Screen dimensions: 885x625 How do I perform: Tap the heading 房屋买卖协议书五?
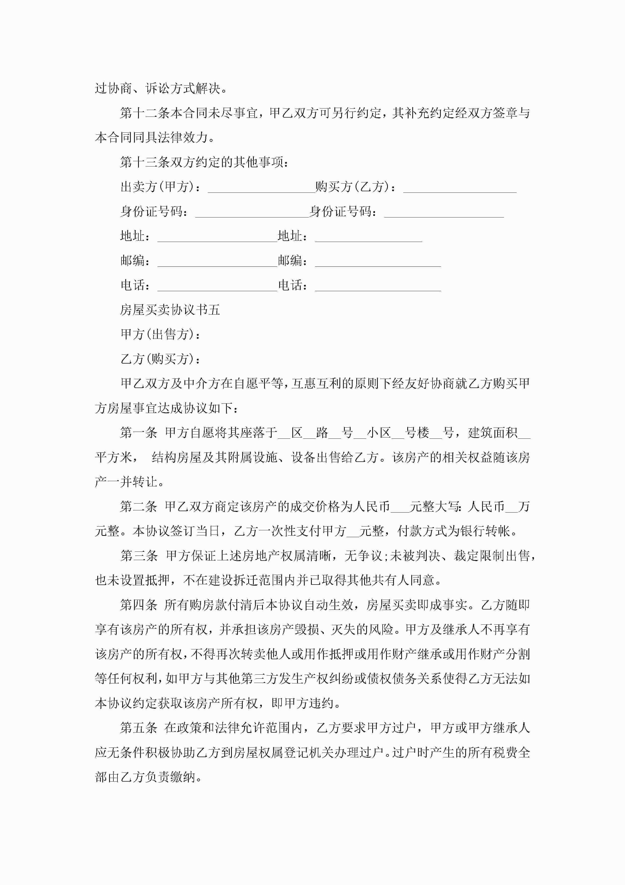(x=170, y=310)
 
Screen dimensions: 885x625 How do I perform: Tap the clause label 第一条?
(x=139, y=433)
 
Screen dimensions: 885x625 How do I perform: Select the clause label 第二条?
(x=139, y=507)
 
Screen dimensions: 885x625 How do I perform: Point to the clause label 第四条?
(x=139, y=605)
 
